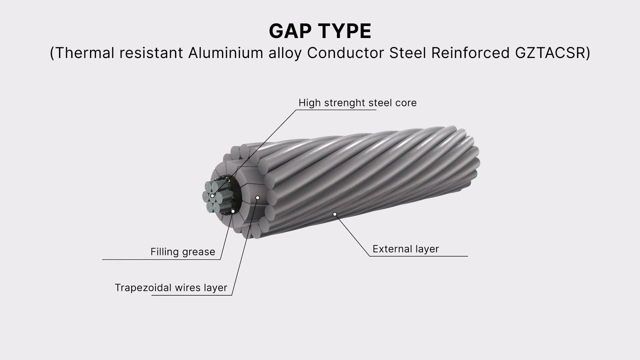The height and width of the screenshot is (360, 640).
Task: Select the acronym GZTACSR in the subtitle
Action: click(549, 53)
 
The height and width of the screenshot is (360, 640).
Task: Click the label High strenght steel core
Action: click(357, 102)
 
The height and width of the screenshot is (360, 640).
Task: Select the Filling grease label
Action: click(182, 252)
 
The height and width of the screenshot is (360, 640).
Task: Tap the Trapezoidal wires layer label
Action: click(170, 287)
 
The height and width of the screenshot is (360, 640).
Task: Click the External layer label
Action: click(405, 249)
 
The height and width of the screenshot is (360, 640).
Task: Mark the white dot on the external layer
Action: click(335, 214)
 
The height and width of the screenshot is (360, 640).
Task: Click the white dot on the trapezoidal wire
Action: click(257, 197)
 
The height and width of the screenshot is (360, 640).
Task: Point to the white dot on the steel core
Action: click(212, 196)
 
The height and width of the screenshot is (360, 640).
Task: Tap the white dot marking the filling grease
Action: click(233, 211)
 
